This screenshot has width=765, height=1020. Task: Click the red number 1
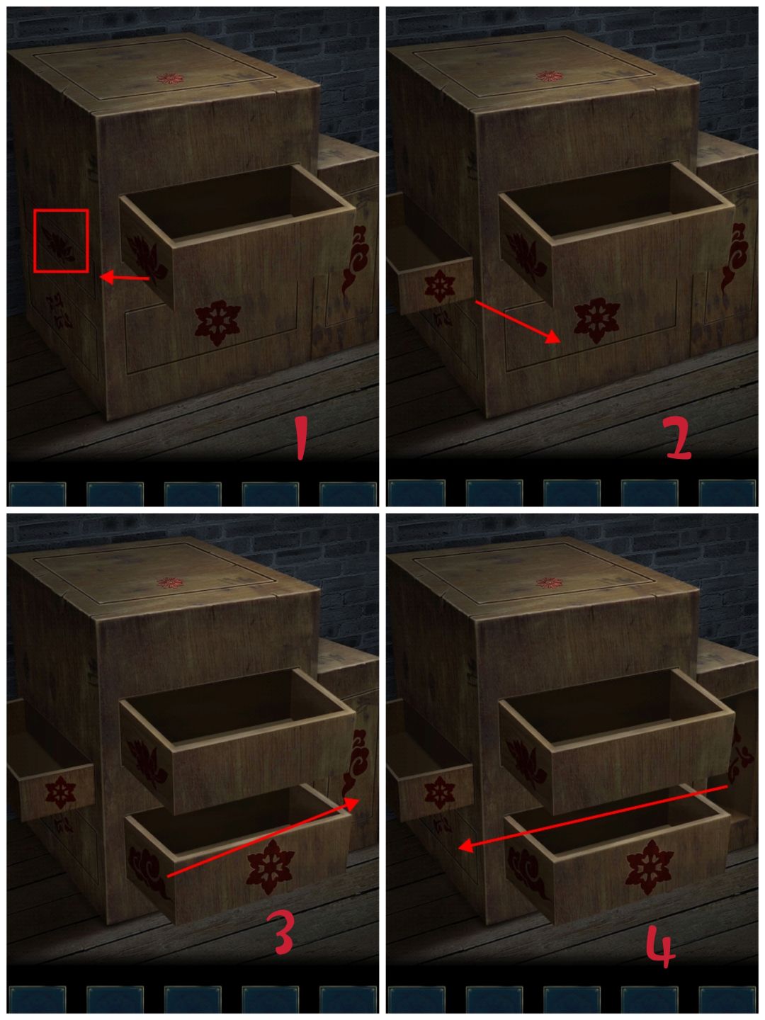click(302, 438)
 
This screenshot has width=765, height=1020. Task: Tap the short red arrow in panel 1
click(125, 278)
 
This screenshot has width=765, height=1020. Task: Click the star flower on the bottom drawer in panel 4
click(649, 867)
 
